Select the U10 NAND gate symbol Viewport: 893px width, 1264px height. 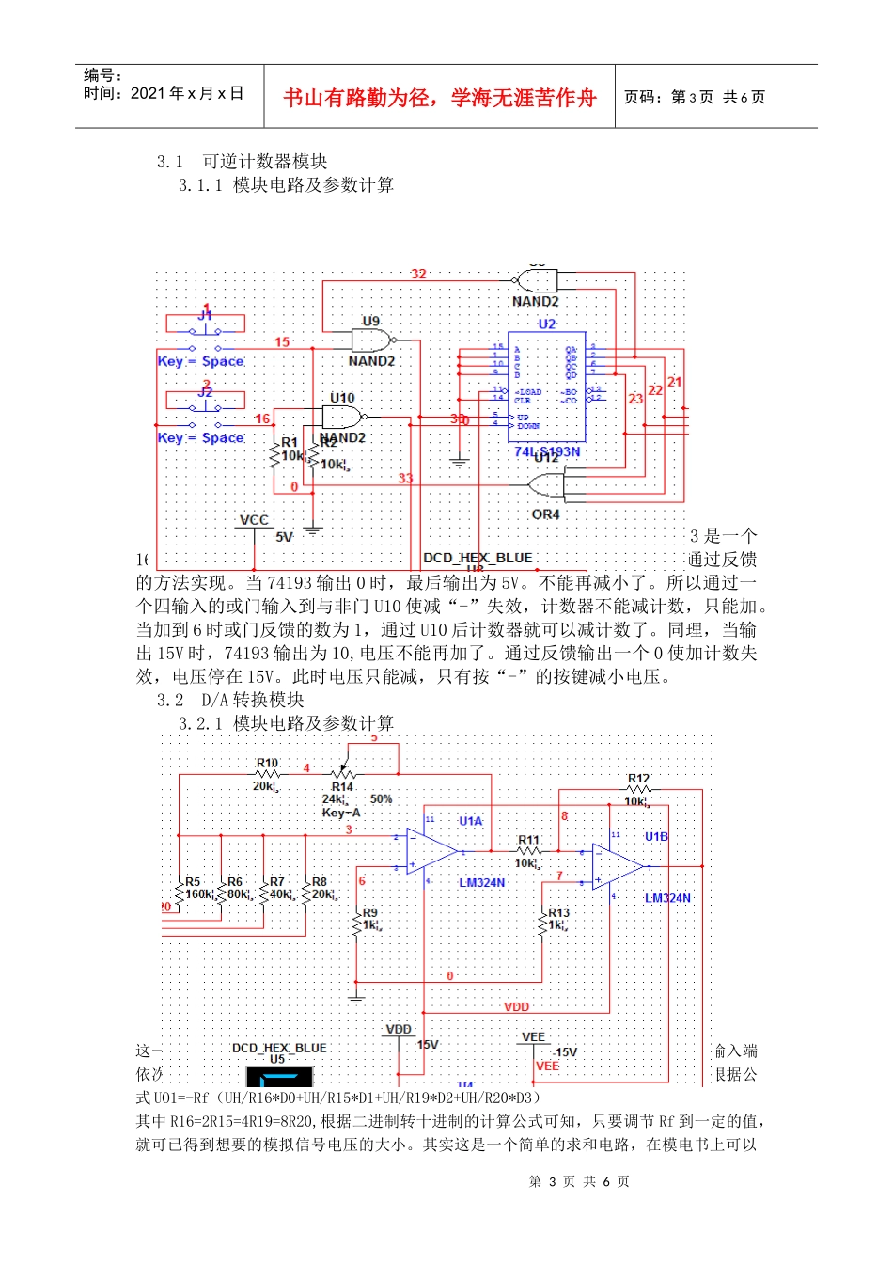point(344,417)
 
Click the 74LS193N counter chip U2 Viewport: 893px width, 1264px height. point(546,387)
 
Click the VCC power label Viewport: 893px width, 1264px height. point(254,520)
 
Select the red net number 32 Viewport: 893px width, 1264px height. point(418,274)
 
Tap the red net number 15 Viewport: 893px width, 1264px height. point(282,341)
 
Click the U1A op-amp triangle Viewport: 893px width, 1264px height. point(431,852)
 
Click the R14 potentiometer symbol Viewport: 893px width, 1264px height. point(342,774)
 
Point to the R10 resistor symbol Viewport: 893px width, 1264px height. point(267,774)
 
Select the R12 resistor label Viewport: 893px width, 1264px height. point(638,779)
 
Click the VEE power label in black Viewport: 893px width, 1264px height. point(533,1037)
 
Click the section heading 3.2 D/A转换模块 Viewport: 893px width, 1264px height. point(230,700)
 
